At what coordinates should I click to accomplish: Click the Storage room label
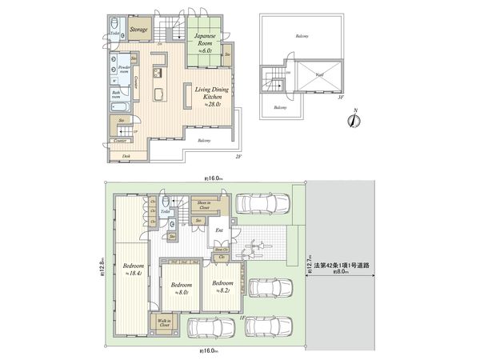click(141, 29)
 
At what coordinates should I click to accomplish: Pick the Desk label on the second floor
click(126, 156)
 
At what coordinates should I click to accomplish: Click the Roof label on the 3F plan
click(318, 75)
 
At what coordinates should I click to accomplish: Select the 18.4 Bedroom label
click(132, 268)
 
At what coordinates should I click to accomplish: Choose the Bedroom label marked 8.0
click(182, 287)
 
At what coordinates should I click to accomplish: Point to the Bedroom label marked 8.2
click(224, 286)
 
